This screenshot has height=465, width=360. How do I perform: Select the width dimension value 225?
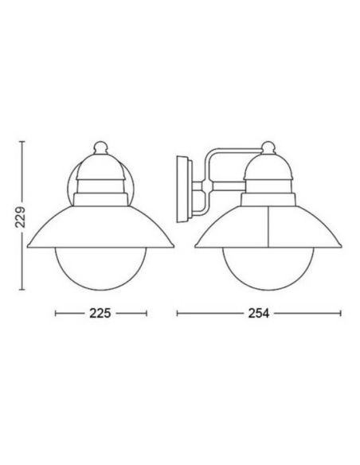100,313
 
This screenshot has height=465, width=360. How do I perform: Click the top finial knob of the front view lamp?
100,147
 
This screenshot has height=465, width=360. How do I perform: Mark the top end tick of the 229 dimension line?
24,142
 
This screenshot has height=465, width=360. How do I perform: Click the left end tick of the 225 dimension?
55,313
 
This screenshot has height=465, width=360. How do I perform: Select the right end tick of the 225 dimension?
147,313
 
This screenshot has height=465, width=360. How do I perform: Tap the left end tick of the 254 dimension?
177,313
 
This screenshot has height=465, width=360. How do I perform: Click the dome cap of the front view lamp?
100,167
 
